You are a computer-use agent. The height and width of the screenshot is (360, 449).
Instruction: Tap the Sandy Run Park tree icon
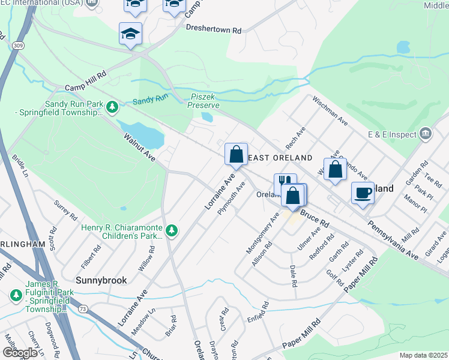coord(112,107)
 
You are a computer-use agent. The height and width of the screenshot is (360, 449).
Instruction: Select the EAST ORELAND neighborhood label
coord(280,158)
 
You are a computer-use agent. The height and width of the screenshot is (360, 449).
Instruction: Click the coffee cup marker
coord(363,193)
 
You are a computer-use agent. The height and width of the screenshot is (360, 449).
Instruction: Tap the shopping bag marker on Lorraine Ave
coord(237,154)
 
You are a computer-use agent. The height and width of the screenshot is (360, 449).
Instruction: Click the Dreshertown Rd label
coord(213,29)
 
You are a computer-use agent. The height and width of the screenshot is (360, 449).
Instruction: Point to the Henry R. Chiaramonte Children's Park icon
coord(172,230)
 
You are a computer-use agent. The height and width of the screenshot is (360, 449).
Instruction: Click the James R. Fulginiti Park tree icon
coord(16,296)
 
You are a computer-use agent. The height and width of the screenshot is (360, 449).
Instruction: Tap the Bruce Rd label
coord(315,217)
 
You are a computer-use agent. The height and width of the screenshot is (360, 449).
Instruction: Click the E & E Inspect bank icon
coord(426,133)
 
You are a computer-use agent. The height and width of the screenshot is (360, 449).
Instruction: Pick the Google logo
coord(20,353)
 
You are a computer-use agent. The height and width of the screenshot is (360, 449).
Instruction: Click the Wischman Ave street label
coord(330,111)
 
